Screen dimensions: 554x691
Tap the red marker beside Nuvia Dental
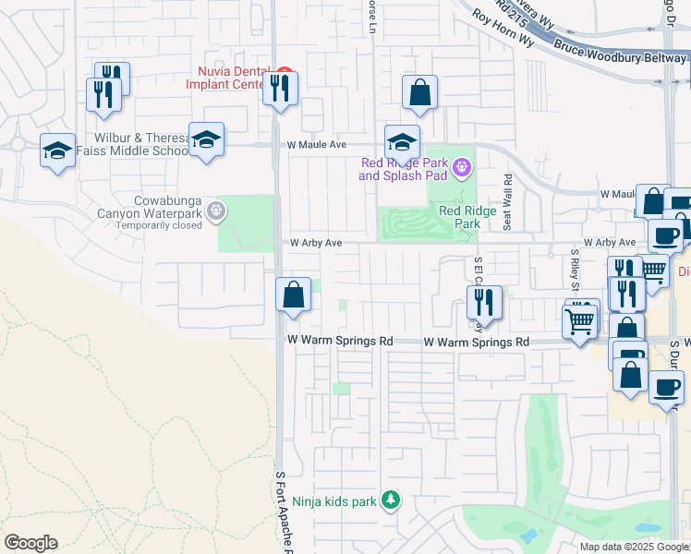click(285, 72)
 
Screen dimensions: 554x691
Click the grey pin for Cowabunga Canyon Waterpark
click(216, 211)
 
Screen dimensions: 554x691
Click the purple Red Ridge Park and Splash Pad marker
click(463, 167)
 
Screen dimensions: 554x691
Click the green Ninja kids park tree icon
click(391, 500)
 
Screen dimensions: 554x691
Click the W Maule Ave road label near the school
click(316, 145)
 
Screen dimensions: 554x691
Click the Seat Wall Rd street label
click(507, 199)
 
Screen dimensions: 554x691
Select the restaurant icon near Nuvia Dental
click(279, 89)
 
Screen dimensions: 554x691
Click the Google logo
click(30, 543)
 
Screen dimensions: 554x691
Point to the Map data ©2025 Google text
click(633, 547)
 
